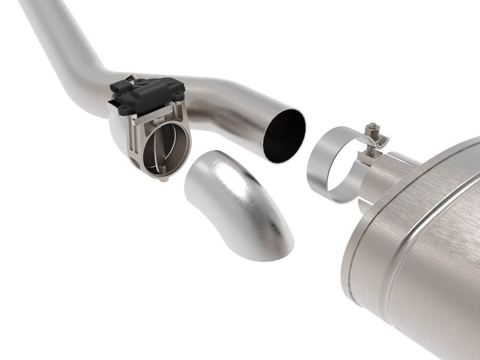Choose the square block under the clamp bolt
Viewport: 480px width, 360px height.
click(372, 153)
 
